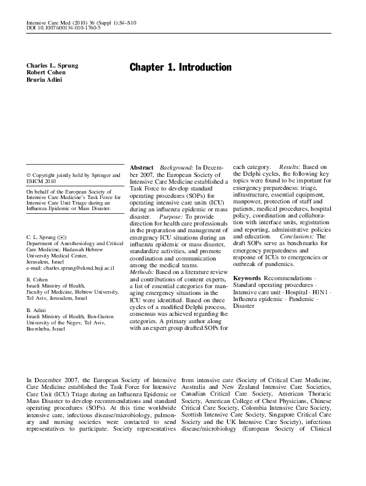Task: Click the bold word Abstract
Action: coord(141,167)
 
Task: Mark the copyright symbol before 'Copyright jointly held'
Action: coord(28,175)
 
